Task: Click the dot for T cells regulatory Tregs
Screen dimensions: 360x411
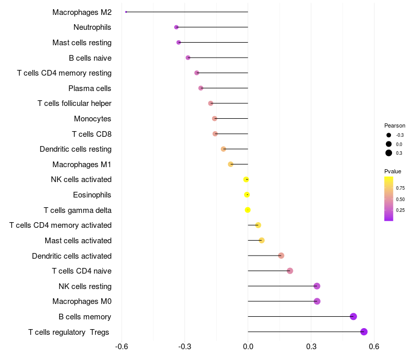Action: point(364,332)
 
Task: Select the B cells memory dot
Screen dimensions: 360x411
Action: point(353,316)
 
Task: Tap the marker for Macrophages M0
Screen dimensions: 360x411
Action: point(317,301)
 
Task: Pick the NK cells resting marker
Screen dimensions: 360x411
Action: point(317,286)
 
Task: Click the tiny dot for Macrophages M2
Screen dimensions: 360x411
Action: point(126,12)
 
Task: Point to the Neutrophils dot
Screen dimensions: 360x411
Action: point(176,27)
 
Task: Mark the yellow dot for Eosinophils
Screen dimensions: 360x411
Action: point(247,195)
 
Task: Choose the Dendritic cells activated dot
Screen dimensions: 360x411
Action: point(281,256)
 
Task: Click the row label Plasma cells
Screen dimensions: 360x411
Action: point(90,88)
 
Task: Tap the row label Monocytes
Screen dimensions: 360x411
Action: point(92,119)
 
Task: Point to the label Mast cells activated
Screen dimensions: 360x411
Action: point(78,241)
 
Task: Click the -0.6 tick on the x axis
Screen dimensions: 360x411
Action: point(122,347)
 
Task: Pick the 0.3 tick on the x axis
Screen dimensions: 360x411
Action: point(311,347)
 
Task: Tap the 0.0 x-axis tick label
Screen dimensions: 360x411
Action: point(248,347)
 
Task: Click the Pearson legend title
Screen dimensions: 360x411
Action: point(395,125)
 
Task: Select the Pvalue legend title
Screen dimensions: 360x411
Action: point(393,171)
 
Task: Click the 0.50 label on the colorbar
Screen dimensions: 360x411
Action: point(400,199)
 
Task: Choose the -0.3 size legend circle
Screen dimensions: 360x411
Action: point(389,135)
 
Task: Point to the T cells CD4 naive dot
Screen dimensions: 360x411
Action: point(290,271)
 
